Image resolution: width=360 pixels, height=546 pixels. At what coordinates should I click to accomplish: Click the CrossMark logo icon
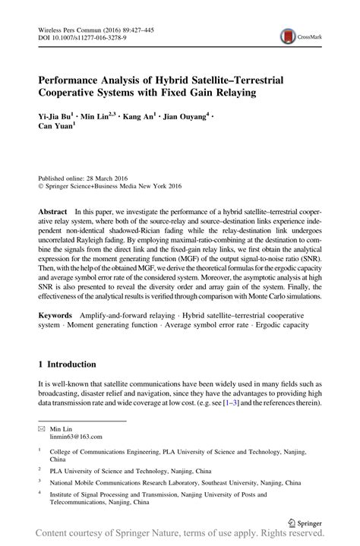click(289, 35)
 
